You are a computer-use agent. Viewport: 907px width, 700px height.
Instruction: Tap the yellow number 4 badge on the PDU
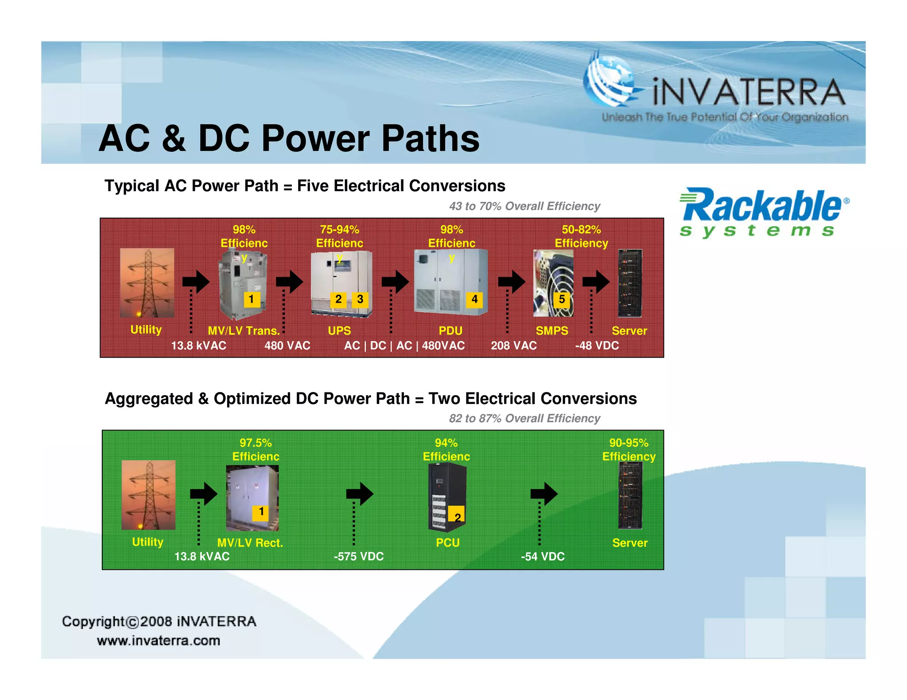point(474,300)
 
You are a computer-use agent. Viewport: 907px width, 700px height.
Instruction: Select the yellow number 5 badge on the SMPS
point(562,300)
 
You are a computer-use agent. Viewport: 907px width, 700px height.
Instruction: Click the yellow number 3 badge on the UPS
point(360,300)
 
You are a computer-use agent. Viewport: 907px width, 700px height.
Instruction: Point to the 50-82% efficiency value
point(581,230)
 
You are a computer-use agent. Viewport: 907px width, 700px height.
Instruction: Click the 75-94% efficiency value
point(340,230)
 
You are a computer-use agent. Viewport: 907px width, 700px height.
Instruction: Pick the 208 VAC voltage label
point(513,346)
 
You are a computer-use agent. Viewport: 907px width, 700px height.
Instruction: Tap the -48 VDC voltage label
point(597,346)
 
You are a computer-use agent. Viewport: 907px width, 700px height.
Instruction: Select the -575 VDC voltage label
point(358,557)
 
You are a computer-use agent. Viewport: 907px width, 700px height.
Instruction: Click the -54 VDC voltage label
point(543,557)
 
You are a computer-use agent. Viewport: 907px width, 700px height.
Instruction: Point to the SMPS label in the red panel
point(552,331)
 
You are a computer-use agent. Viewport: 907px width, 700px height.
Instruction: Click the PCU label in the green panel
point(448,543)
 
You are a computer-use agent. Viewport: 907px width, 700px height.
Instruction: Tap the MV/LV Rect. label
point(250,543)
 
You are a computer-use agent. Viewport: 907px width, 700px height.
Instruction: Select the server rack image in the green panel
point(630,496)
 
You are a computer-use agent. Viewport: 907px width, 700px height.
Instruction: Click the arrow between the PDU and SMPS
point(512,282)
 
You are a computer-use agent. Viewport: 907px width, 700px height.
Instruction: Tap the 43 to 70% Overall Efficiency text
point(524,206)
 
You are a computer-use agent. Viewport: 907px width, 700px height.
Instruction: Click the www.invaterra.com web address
point(159,641)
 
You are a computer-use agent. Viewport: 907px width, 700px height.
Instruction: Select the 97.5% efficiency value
point(256,443)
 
